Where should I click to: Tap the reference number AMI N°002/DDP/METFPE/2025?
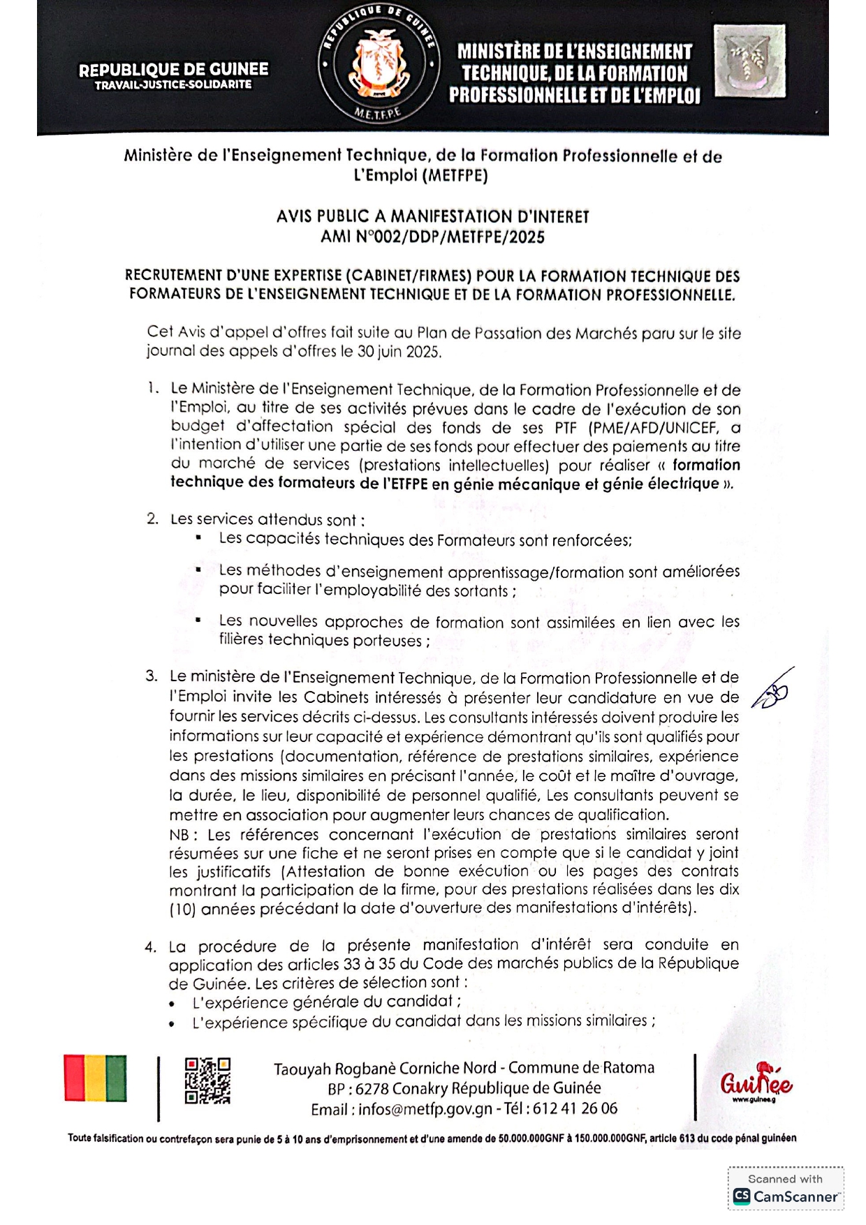point(432,237)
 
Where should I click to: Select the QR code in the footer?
point(207,1081)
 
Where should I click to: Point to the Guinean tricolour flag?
point(95,1078)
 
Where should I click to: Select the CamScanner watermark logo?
point(786,1196)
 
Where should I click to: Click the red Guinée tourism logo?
point(756,1083)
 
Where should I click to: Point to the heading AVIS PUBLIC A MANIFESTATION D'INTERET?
point(432,217)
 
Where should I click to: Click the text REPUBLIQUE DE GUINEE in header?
point(173,70)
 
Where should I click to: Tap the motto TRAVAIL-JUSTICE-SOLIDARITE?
point(173,85)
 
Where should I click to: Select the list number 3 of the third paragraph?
point(152,676)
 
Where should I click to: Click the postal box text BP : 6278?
point(358,1089)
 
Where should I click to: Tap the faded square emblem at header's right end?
point(749,61)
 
